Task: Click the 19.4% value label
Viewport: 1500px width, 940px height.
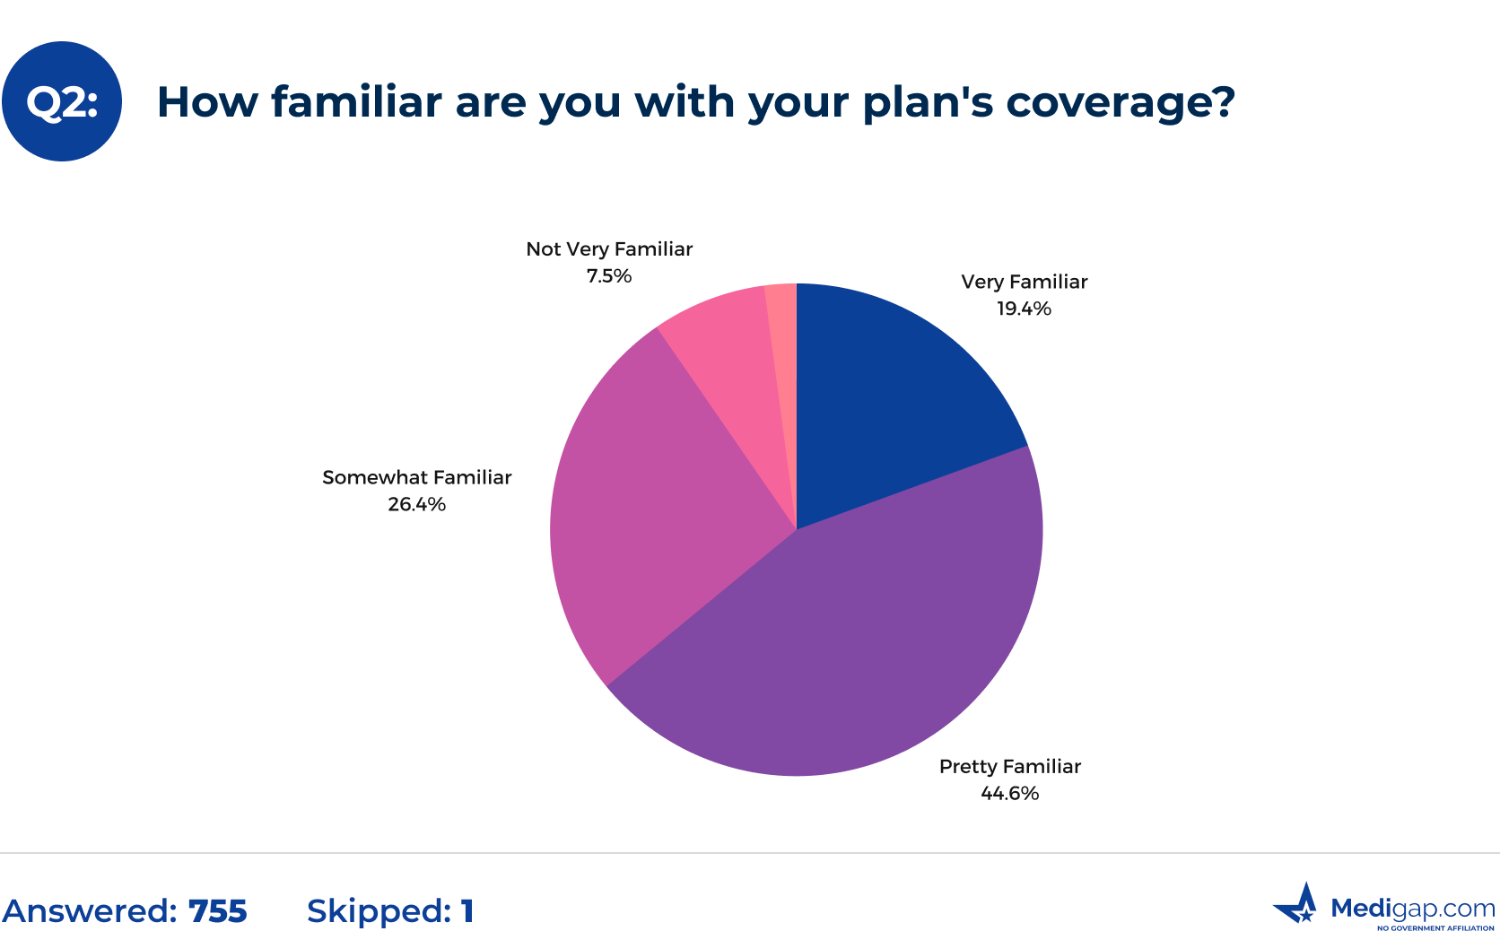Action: [1024, 309]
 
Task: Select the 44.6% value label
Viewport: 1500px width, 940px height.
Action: [1009, 793]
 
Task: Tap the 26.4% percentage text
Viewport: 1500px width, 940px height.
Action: [416, 504]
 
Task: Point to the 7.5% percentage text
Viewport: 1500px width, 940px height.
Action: [609, 276]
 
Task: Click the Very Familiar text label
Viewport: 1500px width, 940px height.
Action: [1024, 282]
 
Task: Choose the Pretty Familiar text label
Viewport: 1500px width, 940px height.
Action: [1009, 766]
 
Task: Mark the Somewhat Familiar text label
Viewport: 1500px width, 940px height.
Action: [416, 477]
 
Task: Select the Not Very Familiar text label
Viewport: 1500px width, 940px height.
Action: [609, 249]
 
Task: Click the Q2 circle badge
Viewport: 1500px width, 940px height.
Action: [62, 101]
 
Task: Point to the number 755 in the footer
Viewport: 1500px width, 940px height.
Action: [217, 911]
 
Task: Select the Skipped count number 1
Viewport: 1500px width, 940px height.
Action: [467, 911]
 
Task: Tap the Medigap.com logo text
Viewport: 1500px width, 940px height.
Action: [1412, 909]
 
